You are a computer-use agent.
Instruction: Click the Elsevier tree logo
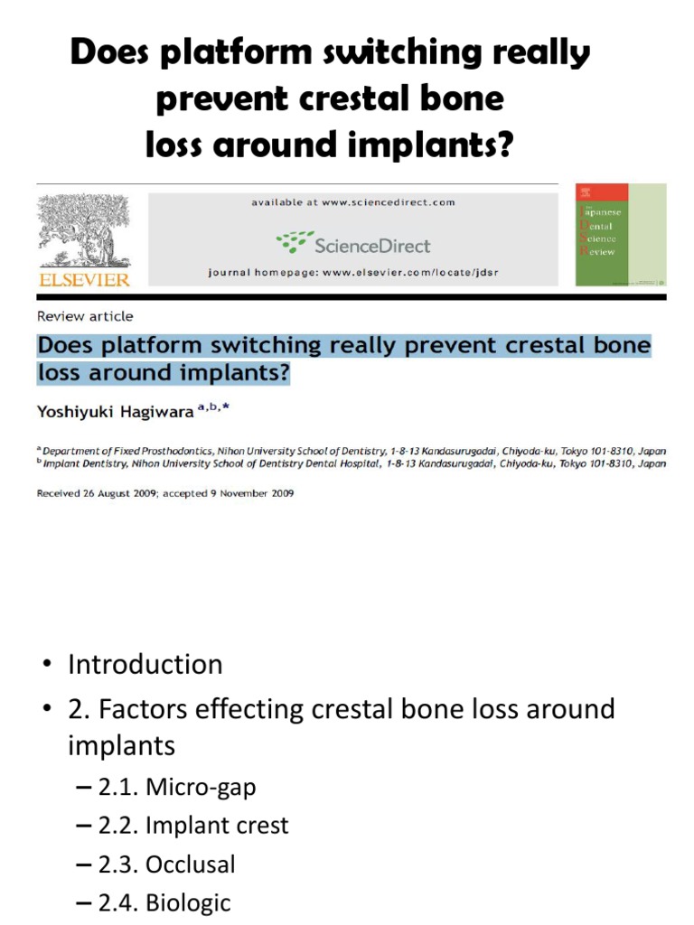84,229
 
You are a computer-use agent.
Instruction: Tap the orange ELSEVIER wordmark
84,280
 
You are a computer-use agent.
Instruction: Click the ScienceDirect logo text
355,244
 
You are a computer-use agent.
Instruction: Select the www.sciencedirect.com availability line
352,203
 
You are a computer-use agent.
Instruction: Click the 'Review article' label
84,316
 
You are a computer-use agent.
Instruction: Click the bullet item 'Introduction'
145,665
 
